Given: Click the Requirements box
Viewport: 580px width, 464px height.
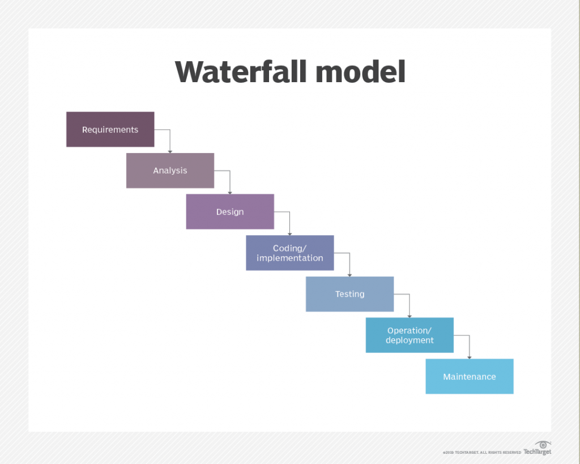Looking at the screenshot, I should tap(110, 129).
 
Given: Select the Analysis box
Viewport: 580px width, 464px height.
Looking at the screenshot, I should tap(170, 171).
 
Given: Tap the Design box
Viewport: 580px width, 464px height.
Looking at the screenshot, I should tap(230, 212).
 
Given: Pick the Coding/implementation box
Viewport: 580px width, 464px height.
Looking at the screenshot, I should tap(289, 253).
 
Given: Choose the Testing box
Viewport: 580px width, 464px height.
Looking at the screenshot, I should tap(349, 294).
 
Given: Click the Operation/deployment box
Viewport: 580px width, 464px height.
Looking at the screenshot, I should tap(410, 335).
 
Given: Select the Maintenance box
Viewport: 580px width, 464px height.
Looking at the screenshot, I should tap(470, 376).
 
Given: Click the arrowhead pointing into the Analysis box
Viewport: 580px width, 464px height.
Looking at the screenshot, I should tap(170, 151).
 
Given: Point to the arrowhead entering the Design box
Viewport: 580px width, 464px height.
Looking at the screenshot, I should tap(230, 192).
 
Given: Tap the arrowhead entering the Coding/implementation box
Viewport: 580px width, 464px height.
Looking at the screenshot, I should tap(290, 233).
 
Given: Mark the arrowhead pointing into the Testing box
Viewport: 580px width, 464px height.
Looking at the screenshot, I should tap(349, 274).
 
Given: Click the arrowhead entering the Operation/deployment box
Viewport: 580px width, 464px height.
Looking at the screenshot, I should tap(410, 316).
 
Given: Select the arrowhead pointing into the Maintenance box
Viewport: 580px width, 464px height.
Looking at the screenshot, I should tap(470, 356).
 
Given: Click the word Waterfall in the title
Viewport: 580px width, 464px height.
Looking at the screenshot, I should tap(240, 72).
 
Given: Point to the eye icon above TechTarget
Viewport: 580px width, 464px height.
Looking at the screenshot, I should tap(543, 444).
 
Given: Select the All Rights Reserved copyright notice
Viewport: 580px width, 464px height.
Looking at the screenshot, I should tap(482, 453).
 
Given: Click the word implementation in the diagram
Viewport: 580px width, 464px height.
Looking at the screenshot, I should tap(289, 258).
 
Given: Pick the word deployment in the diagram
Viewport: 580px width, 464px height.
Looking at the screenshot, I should tap(410, 340).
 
